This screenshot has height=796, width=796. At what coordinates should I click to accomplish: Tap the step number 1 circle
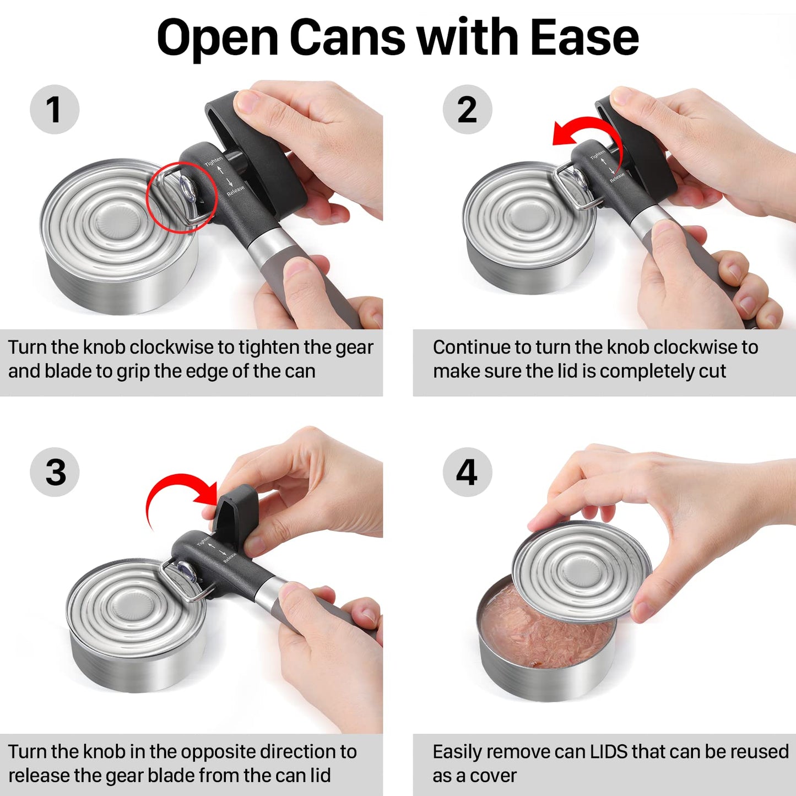54,109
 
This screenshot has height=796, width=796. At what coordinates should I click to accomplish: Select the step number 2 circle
467,109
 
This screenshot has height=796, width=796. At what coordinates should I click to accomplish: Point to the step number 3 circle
55,472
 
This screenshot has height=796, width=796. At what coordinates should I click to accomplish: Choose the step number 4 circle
467,472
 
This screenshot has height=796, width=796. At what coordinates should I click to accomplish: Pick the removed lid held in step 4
581,570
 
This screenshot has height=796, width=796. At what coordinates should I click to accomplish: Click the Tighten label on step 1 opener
214,162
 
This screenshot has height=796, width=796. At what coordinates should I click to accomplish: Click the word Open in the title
218,37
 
